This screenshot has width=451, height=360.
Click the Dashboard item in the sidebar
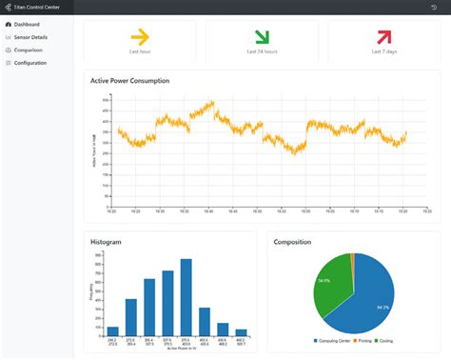click(27, 24)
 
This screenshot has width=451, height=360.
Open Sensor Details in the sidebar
click(30, 37)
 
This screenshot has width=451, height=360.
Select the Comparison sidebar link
click(28, 50)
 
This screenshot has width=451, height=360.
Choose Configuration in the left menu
click(30, 63)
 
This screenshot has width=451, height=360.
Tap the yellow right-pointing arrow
click(139, 37)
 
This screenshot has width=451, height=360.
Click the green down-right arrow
click(262, 37)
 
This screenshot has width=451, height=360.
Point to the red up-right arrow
click(383, 37)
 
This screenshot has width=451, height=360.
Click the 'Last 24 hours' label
click(262, 52)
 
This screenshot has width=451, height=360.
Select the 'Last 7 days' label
click(383, 52)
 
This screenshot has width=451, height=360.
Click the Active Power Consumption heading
click(129, 81)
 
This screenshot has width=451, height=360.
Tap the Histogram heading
click(106, 242)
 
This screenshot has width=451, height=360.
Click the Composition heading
click(292, 242)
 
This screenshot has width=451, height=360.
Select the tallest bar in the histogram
click(186, 298)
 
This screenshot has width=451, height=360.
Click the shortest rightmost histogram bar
click(241, 333)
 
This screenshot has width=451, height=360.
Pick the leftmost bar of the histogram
click(112, 331)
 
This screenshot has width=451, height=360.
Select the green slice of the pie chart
click(328, 286)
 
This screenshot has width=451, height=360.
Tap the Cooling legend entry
click(385, 340)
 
